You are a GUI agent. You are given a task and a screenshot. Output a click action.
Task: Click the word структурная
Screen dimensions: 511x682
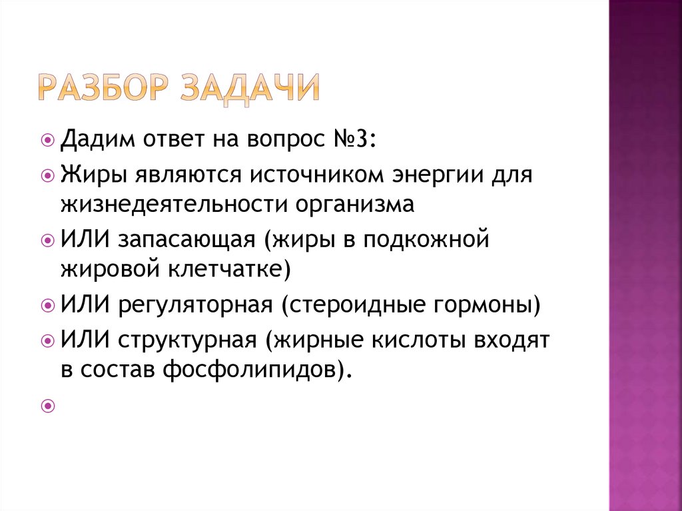188,341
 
